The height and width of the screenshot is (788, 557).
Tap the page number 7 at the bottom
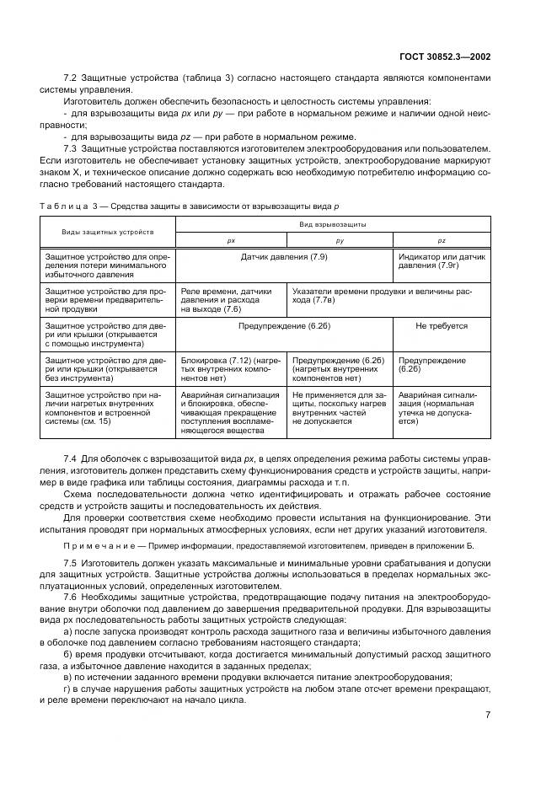(488, 716)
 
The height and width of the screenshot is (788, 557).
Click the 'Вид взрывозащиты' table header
(333, 224)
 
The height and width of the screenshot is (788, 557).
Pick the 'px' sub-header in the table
(231, 239)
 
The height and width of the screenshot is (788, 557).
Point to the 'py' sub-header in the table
(340, 239)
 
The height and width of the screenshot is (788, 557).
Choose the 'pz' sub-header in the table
(441, 239)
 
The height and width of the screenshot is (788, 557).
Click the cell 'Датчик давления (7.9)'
(283, 254)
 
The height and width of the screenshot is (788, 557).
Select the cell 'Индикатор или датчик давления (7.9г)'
(442, 259)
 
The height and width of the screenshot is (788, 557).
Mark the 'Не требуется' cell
(442, 325)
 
